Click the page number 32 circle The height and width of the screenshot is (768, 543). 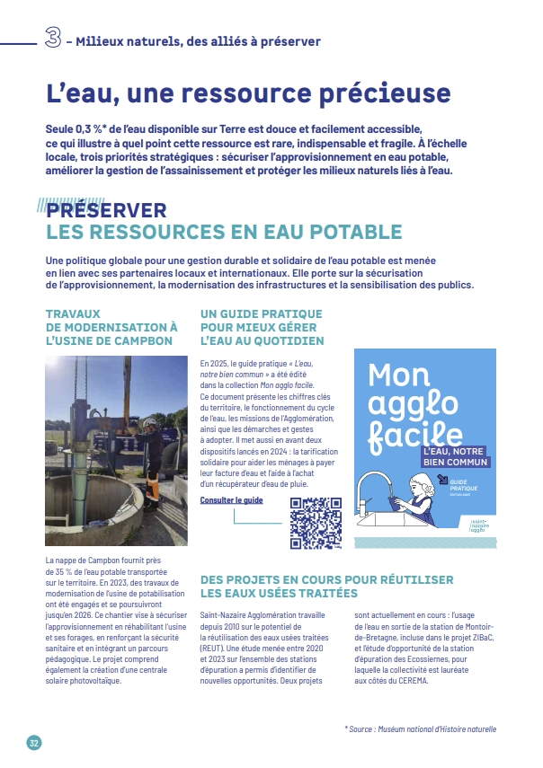point(33,743)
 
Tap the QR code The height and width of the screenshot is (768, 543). point(316,522)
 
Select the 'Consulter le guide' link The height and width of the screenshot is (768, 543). point(231,499)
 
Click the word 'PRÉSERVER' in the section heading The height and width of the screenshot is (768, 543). point(107,210)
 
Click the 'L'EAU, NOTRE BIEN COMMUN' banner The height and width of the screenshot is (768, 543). point(455,456)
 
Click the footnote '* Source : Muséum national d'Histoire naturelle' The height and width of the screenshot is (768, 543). point(420,729)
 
